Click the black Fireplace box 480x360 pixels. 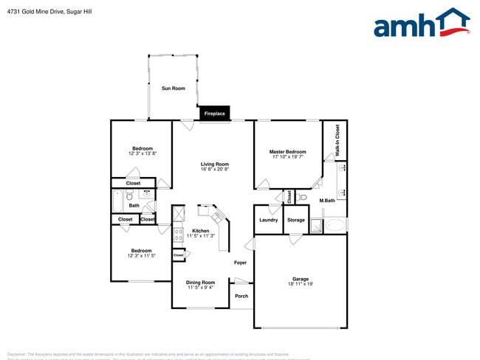(x=215, y=114)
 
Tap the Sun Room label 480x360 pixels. (x=174, y=89)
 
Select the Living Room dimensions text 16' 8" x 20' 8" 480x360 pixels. (x=215, y=170)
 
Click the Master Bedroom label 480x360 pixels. (x=287, y=152)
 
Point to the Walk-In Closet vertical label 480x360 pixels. (x=337, y=139)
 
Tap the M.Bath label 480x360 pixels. (x=327, y=201)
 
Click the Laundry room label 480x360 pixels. (x=269, y=220)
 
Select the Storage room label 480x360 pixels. (x=296, y=220)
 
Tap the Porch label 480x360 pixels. (x=241, y=296)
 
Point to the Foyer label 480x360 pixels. (x=241, y=263)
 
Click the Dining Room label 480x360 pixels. (x=201, y=282)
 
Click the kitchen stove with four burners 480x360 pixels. (x=178, y=235)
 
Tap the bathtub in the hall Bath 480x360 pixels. (x=117, y=200)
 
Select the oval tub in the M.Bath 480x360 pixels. (x=335, y=226)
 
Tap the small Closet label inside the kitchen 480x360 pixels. (x=179, y=255)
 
